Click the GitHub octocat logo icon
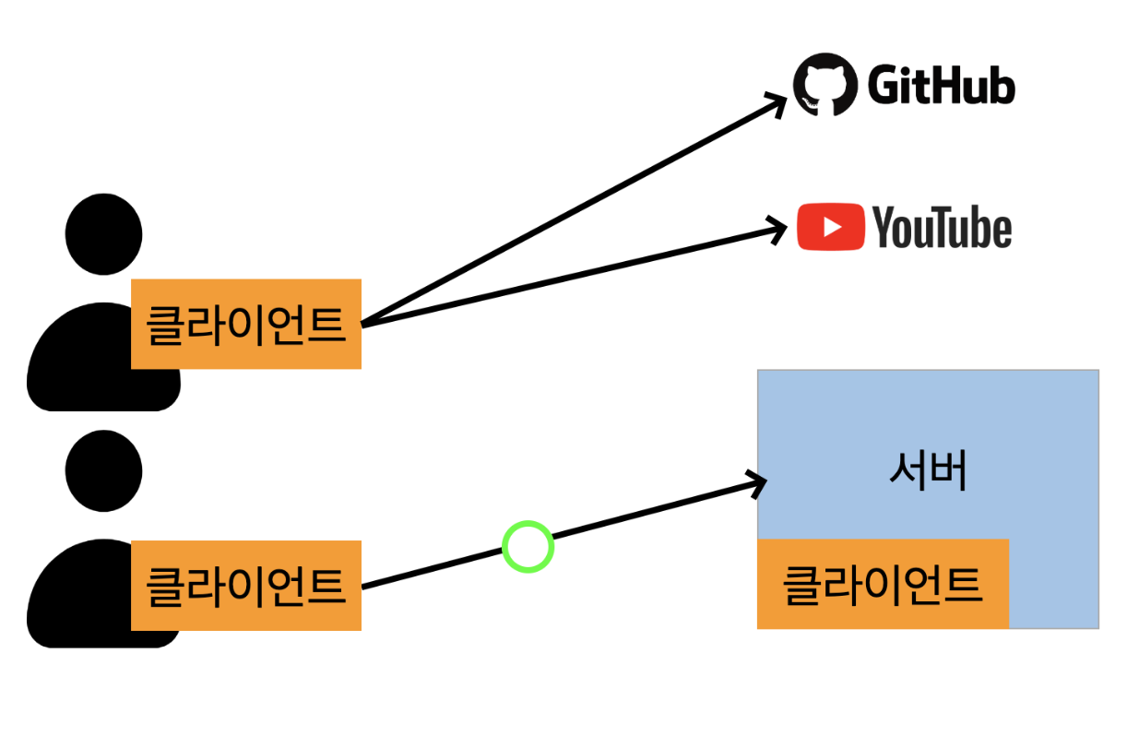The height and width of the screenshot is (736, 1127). [x=823, y=86]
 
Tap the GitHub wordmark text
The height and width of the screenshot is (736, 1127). [x=941, y=87]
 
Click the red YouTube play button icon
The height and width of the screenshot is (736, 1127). [x=831, y=227]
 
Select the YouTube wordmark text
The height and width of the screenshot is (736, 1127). [x=942, y=228]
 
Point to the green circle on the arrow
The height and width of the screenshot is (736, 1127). [x=528, y=547]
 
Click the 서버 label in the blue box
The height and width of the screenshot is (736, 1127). [x=928, y=473]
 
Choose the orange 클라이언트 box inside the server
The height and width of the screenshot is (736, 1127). [x=883, y=584]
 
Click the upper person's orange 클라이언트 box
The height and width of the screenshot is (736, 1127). [x=245, y=324]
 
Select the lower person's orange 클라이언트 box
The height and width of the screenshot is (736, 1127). [x=245, y=586]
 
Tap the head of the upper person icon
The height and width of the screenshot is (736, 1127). [x=103, y=233]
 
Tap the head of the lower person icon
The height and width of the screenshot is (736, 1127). [x=103, y=469]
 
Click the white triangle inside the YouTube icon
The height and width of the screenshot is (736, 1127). [x=832, y=227]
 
